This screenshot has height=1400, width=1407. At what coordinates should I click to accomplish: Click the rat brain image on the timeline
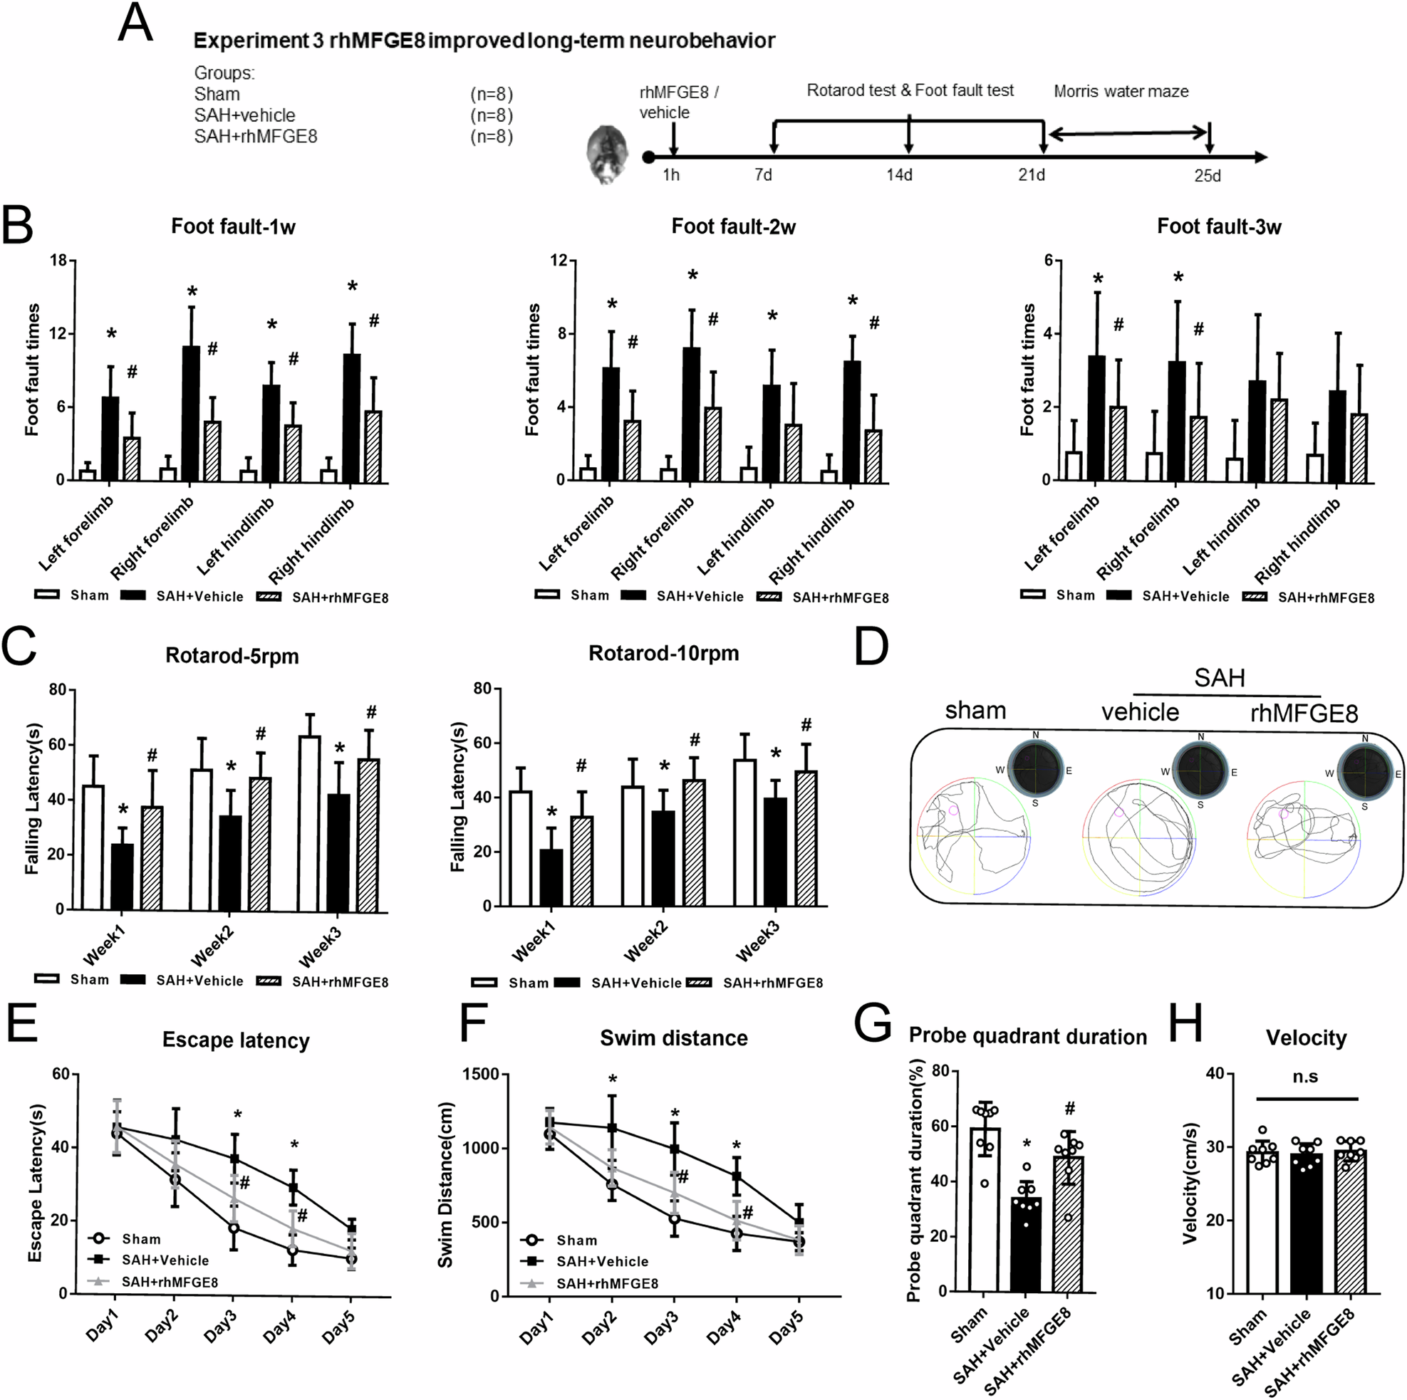607,154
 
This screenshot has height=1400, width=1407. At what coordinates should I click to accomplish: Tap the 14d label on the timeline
898,175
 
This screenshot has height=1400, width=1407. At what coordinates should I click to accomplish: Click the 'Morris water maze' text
1121,92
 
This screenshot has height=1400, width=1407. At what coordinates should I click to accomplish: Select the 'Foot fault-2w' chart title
732,227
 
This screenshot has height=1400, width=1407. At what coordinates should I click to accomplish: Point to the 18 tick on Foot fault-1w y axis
58,261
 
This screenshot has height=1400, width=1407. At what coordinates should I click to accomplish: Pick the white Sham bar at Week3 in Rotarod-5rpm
309,822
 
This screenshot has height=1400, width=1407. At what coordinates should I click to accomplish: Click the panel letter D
871,647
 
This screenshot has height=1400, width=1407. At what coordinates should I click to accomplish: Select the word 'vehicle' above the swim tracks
1140,712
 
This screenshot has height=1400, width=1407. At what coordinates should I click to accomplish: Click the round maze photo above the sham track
1034,769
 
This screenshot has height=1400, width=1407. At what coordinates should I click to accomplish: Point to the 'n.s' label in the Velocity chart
1305,1077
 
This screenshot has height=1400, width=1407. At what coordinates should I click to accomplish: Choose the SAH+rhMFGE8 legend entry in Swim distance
607,1283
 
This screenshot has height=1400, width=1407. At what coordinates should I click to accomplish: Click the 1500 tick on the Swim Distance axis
482,1075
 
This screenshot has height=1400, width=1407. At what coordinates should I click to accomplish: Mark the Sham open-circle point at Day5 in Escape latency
351,1259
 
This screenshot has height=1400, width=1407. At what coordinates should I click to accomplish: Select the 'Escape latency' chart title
236,1040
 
